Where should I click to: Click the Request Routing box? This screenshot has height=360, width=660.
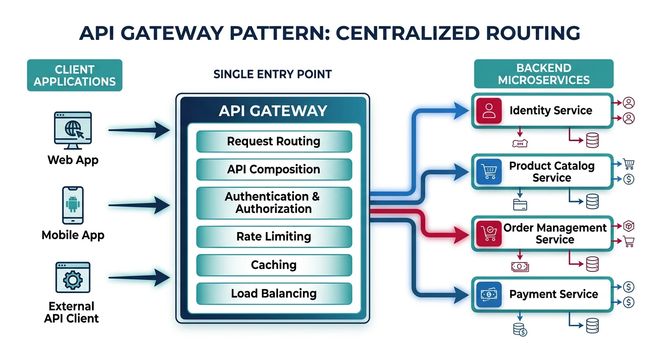(x=274, y=142)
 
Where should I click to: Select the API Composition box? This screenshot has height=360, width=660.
(x=274, y=170)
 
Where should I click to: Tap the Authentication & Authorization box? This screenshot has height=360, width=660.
(x=274, y=203)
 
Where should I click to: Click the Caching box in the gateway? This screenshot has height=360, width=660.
(x=274, y=265)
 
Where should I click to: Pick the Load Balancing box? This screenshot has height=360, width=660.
(x=274, y=294)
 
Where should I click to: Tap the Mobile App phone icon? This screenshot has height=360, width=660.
(x=73, y=205)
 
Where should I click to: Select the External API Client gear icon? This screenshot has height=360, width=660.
(x=72, y=279)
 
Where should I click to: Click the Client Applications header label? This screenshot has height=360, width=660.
(x=75, y=75)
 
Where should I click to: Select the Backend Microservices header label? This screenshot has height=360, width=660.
(x=544, y=74)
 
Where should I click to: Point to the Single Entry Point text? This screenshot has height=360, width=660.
(x=272, y=74)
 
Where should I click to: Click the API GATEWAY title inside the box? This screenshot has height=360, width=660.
(x=273, y=111)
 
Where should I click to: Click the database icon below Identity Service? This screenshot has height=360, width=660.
(x=592, y=140)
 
